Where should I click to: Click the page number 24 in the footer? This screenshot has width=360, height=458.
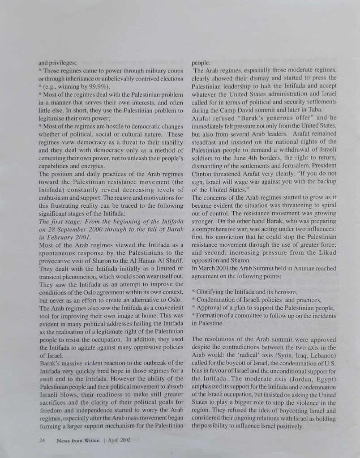42,441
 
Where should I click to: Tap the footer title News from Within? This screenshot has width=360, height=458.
78,441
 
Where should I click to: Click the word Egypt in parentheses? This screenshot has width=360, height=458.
326,378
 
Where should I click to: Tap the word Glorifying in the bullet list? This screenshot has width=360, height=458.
214,292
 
